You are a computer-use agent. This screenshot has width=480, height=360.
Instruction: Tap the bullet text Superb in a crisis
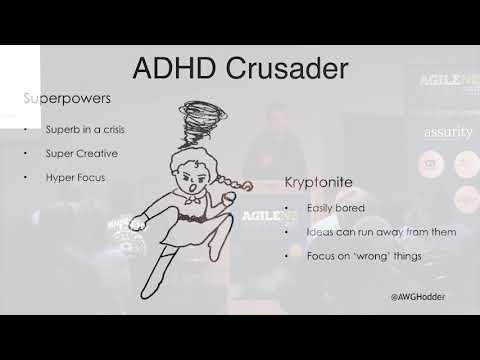point(84,130)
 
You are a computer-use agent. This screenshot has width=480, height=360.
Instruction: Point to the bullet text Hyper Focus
point(76,177)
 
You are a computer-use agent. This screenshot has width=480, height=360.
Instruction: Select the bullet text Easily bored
point(336,208)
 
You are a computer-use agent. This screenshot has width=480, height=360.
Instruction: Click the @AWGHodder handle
point(418,297)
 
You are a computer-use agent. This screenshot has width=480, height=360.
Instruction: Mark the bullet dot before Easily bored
point(284,208)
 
